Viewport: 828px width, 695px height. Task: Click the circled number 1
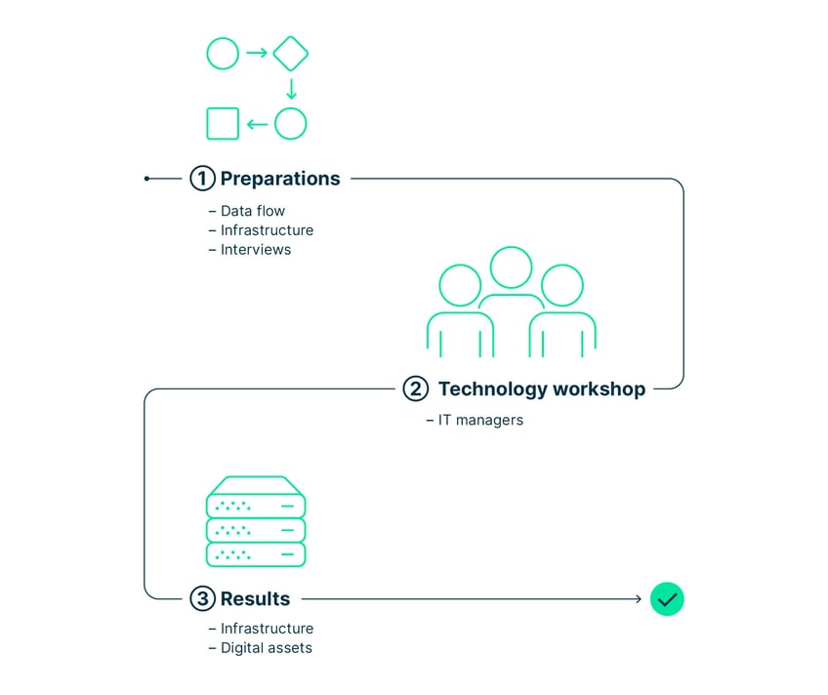(x=202, y=179)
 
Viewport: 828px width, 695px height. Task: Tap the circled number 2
(x=416, y=388)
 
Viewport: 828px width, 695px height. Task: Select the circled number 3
(x=202, y=599)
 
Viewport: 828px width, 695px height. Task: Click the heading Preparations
(x=280, y=179)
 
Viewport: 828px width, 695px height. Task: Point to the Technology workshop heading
(x=542, y=388)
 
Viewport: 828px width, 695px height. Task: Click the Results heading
(x=255, y=599)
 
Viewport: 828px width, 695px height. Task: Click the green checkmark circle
(x=667, y=599)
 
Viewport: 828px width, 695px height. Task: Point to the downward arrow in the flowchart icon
(x=291, y=89)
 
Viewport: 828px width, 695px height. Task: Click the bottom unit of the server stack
(x=256, y=554)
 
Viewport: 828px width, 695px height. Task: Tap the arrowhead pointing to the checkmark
(x=639, y=599)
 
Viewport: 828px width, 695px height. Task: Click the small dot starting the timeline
(x=146, y=179)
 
